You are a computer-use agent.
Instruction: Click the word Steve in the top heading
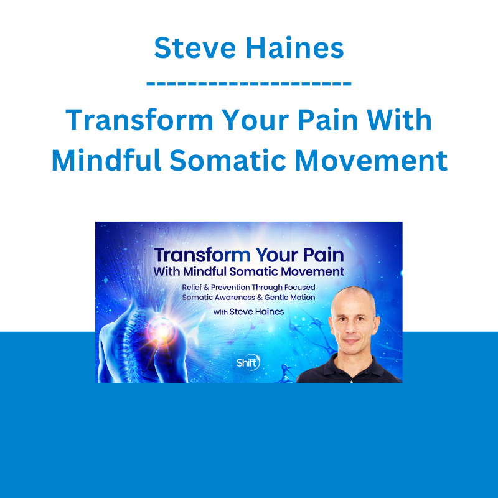coord(195,48)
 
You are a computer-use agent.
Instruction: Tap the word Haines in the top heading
coord(295,48)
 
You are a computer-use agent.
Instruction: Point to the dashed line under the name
coord(249,83)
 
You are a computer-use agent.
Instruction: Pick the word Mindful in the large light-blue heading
coord(106,161)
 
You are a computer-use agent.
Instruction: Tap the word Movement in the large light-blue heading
coord(371,161)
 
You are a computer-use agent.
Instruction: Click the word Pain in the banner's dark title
coord(323,255)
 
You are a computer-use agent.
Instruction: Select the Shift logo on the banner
coord(248,362)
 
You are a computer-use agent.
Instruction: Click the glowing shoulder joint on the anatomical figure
coord(162,331)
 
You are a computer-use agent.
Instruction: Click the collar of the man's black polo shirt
coord(351,365)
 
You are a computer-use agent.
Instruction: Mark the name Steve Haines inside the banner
coord(256,312)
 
